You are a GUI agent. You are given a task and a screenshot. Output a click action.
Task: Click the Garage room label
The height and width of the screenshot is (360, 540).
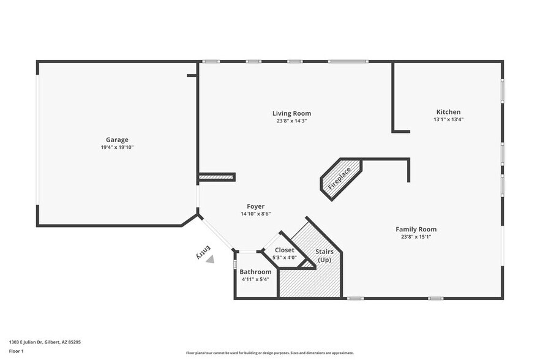pyautogui.click(x=117, y=140)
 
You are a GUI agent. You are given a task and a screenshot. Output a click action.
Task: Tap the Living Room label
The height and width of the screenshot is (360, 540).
pyautogui.click(x=291, y=113)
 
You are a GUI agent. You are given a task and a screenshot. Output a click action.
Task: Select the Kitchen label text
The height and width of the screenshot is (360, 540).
pyautogui.click(x=448, y=112)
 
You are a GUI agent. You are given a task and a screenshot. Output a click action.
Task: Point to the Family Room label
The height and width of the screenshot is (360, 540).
pyautogui.click(x=416, y=229)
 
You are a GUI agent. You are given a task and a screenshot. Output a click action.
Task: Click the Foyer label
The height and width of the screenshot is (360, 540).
pyautogui.click(x=255, y=206)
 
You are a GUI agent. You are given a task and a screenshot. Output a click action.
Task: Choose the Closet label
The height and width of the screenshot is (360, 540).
pyautogui.click(x=284, y=250)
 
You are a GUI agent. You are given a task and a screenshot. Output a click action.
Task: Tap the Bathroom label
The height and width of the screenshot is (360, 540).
pyautogui.click(x=255, y=272)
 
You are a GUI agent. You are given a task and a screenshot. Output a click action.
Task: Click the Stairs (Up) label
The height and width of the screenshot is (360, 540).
pyautogui.click(x=324, y=255)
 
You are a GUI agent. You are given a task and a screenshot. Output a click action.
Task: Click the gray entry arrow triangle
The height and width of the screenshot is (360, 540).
pyautogui.click(x=210, y=259)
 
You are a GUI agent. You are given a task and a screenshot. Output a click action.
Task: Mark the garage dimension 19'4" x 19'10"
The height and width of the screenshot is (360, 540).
pyautogui.click(x=117, y=148)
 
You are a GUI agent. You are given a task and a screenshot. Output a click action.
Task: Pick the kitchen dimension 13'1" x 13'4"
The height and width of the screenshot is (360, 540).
pyautogui.click(x=448, y=120)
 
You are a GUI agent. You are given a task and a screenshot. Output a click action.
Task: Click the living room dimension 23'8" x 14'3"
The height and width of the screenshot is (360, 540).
pyautogui.click(x=291, y=121)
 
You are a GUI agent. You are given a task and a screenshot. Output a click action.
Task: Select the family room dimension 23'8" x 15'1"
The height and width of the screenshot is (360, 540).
pyautogui.click(x=416, y=237)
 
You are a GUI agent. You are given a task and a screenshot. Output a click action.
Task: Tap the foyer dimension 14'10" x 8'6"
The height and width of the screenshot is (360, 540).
pyautogui.click(x=255, y=214)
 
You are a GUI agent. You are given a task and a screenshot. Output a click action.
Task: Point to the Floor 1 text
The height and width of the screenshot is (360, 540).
pyautogui.click(x=16, y=351)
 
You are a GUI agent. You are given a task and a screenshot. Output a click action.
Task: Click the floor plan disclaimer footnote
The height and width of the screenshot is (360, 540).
pyautogui.click(x=269, y=353)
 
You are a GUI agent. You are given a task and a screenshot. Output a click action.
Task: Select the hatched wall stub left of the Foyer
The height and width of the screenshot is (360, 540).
pyautogui.click(x=216, y=178)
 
